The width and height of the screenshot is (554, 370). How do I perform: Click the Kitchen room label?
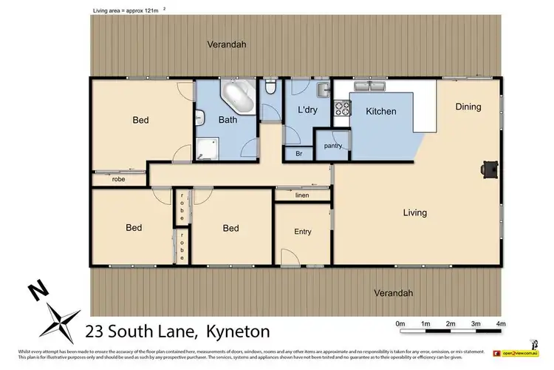pyautogui.click(x=381, y=112)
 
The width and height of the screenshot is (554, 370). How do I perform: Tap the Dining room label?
pyautogui.click(x=468, y=107)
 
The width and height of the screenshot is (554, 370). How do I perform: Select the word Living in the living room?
pyautogui.click(x=414, y=213)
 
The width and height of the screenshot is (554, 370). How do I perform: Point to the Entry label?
pyautogui.click(x=303, y=232)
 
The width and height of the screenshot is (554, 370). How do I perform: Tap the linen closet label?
pyautogui.click(x=301, y=195)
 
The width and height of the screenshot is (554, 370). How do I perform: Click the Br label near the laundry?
pyautogui.click(x=298, y=154)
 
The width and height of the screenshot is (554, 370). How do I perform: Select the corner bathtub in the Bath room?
pyautogui.click(x=238, y=97)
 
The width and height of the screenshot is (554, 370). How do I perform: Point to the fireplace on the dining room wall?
pyautogui.click(x=488, y=169)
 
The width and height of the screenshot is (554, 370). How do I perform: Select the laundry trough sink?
pyautogui.click(x=322, y=90)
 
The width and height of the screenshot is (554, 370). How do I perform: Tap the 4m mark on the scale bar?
pyautogui.click(x=500, y=323)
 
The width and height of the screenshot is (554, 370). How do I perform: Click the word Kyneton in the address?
pyautogui.click(x=238, y=332)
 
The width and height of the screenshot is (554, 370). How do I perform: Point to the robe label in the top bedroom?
pyautogui.click(x=118, y=179)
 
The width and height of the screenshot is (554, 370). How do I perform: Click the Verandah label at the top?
pyautogui.click(x=225, y=44)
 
